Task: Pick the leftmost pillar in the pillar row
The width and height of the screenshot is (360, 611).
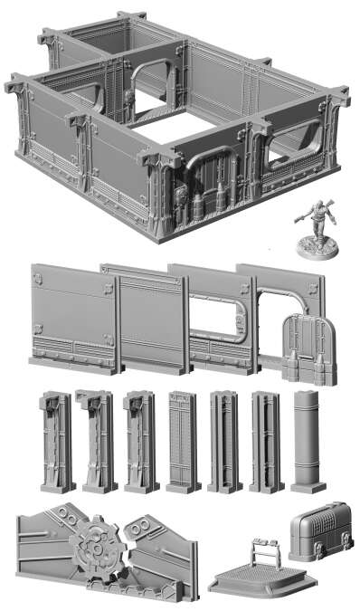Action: [x=54, y=442]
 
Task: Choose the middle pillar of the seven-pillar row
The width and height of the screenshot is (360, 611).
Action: [x=183, y=442]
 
